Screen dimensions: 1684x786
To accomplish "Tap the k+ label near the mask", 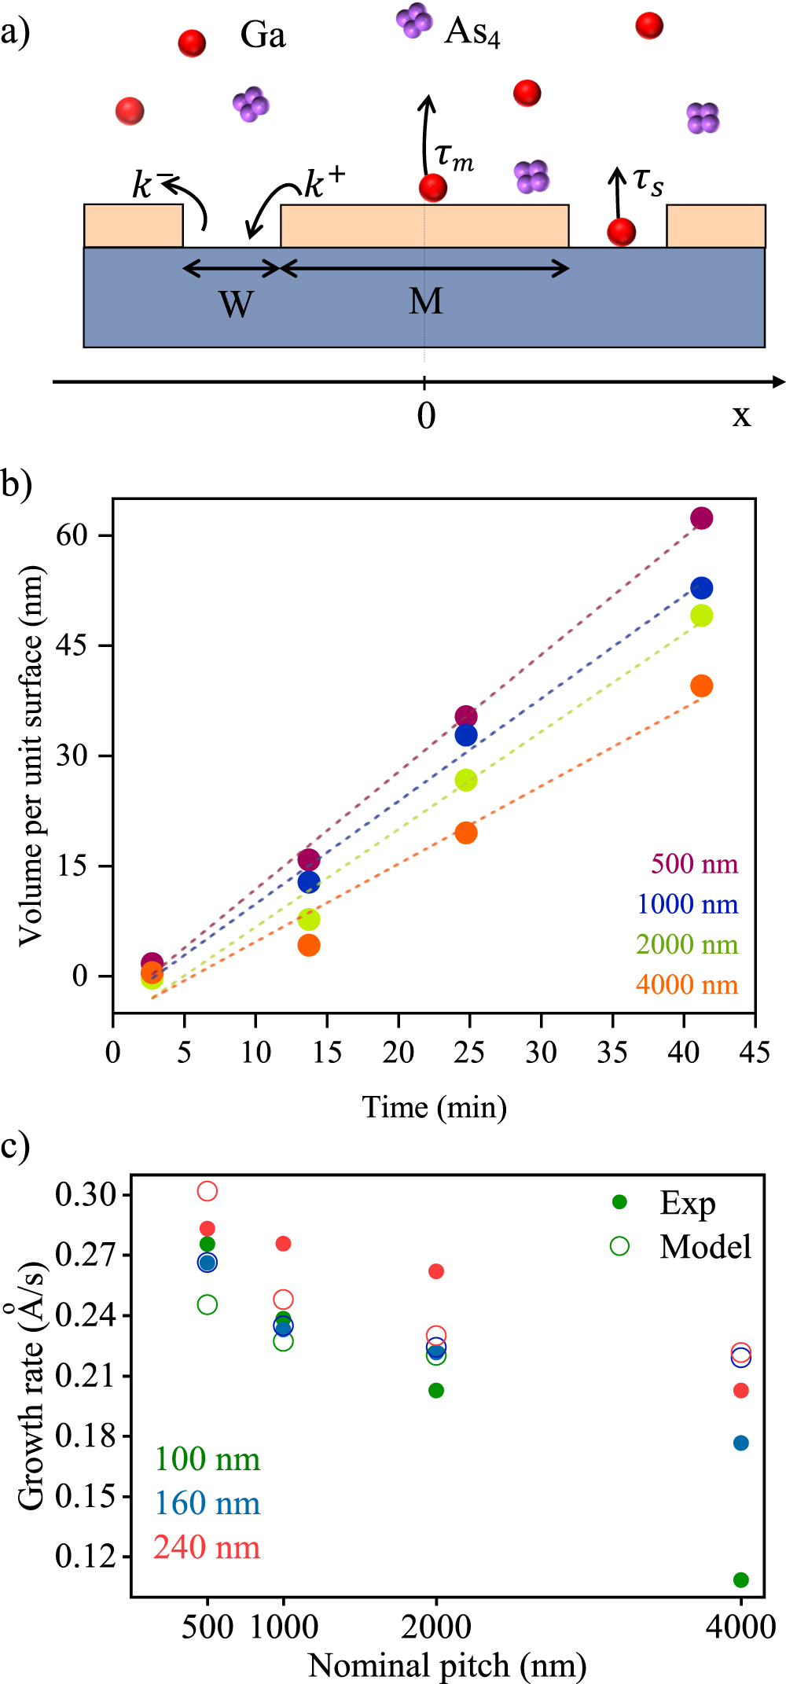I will (324, 182).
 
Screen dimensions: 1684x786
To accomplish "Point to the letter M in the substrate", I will (425, 301).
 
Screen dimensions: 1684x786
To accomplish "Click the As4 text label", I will (472, 32).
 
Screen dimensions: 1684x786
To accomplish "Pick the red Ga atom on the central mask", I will (432, 188).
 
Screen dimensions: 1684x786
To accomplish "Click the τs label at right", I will (648, 182).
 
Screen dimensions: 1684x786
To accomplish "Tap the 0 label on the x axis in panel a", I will (425, 414).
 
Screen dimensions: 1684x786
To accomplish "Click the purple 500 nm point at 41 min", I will (701, 518).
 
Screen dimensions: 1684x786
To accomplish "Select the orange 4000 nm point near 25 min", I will (466, 833).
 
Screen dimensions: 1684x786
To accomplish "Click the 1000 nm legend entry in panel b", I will (687, 904).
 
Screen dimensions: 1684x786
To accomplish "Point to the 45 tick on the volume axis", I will (72, 645).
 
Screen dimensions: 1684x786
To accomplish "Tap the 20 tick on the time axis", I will (399, 1052).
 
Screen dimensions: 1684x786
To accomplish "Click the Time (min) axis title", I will (434, 1107).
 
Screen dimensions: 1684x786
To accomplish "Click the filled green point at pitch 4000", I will (740, 1579).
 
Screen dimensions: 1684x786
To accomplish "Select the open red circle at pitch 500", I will (207, 1191).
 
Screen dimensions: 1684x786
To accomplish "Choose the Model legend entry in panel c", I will (704, 1247).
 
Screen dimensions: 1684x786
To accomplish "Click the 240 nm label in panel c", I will (207, 1547).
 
